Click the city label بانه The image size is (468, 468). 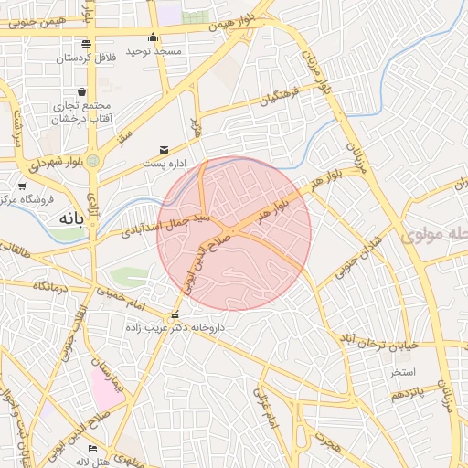(69, 219)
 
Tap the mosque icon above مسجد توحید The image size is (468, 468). (154, 37)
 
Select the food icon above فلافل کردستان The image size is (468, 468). (86, 44)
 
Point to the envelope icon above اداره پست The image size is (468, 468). (164, 149)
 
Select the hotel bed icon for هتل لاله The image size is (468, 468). (92, 448)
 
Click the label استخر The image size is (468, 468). (402, 372)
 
